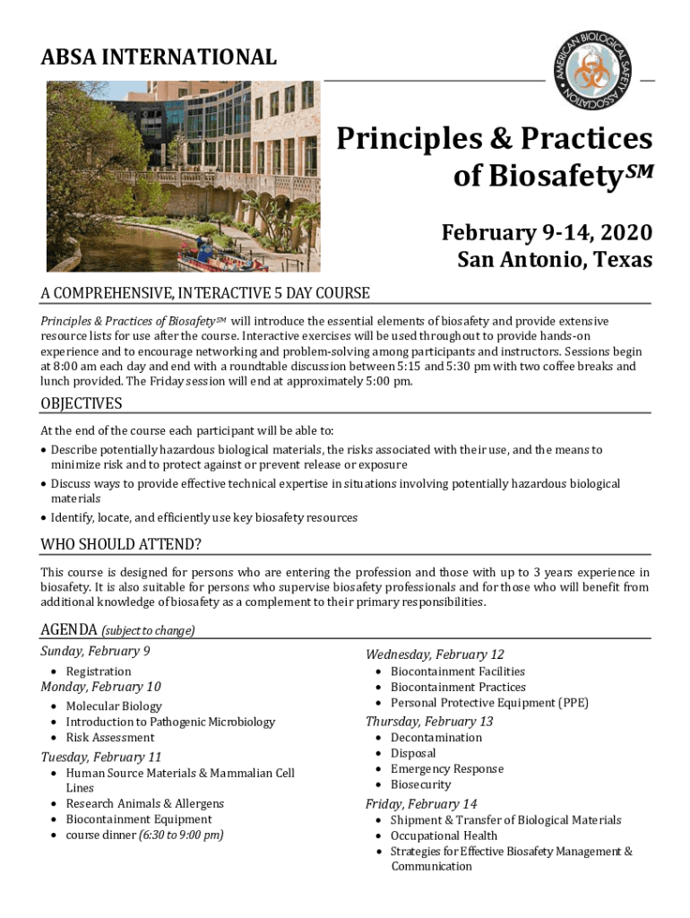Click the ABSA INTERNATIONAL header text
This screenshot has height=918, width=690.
[159, 57]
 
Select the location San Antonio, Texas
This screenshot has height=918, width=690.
[555, 260]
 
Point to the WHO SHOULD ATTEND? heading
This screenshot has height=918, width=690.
[121, 545]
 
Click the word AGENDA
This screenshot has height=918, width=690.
[70, 629]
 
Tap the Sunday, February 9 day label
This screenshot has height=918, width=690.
[95, 652]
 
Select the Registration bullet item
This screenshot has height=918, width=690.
[98, 671]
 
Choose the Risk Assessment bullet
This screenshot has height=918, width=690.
[109, 738]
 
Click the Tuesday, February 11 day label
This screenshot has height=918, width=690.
[100, 757]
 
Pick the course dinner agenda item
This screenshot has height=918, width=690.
[144, 835]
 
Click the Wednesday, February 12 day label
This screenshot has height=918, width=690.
[435, 654]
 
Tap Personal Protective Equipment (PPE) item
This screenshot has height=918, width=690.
[489, 703]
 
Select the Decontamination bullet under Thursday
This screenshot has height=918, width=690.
[436, 738]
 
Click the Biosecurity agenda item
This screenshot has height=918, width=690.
[420, 784]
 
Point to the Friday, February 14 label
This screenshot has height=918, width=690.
[420, 803]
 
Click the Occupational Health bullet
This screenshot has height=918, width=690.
[444, 836]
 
